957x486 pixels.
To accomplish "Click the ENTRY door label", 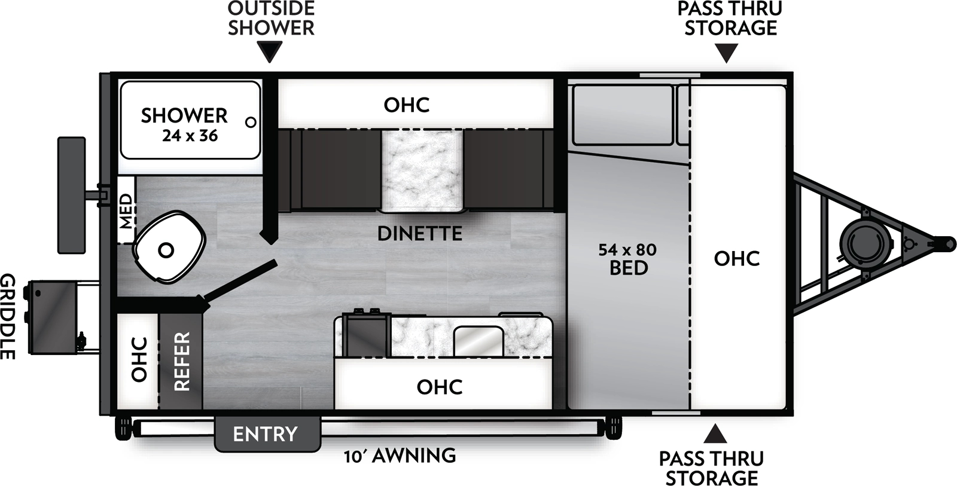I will (x=265, y=434).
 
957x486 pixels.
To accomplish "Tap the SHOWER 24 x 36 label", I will (x=184, y=124).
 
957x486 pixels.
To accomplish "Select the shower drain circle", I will (x=251, y=122).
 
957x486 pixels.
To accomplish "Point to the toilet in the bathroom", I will (x=167, y=250).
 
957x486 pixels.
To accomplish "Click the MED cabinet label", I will (x=126, y=210).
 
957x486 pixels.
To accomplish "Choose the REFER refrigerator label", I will (x=181, y=361).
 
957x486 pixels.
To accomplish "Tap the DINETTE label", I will (x=420, y=233).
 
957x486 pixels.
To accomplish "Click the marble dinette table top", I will (x=422, y=172).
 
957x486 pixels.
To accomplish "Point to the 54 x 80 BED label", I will (x=628, y=258).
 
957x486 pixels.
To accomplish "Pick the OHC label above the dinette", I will (x=407, y=105).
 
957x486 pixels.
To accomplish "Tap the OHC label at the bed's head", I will (x=737, y=258).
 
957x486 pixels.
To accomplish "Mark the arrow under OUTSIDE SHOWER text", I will (x=271, y=53).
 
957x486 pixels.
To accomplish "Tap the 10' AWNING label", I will (x=400, y=456).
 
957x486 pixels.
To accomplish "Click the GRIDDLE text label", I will (x=8, y=316).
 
